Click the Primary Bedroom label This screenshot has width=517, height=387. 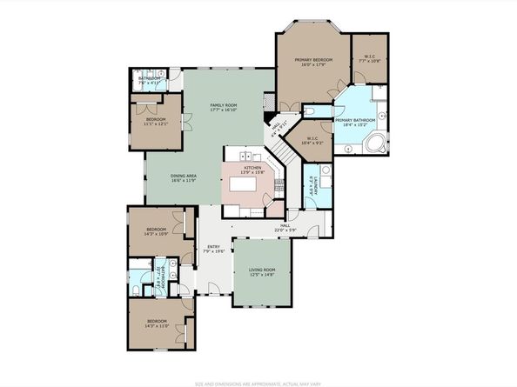(312, 61)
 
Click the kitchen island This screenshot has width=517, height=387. (252, 185)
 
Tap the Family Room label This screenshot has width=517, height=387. (224, 108)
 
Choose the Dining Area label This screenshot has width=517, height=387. (183, 177)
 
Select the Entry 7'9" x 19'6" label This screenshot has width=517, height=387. (213, 249)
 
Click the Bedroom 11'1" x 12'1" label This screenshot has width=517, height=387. (156, 122)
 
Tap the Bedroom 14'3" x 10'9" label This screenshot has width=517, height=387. (156, 232)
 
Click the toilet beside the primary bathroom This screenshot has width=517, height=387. (311, 114)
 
